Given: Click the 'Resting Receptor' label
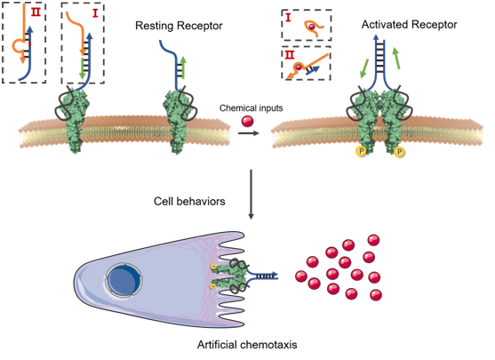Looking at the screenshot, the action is (179, 26).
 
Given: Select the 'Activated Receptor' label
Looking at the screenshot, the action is (409, 24).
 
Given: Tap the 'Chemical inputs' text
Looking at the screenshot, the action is (251, 108).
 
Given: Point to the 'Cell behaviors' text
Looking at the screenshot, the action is (189, 201).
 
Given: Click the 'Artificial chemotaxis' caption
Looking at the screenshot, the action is (247, 344).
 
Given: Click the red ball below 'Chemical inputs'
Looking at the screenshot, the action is (247, 121).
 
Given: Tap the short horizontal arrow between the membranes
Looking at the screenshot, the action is (249, 133).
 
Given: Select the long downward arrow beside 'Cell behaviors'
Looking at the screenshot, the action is (251, 194).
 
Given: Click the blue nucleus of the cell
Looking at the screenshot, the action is (124, 280).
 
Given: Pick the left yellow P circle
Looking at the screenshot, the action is (361, 151).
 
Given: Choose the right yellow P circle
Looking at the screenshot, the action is (399, 152).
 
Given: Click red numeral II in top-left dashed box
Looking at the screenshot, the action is (36, 12).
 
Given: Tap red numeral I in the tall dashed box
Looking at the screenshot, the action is (95, 13).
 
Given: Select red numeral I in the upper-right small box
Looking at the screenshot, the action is (288, 18).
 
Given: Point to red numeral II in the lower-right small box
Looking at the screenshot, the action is (289, 54).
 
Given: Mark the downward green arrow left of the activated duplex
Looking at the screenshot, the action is (364, 68).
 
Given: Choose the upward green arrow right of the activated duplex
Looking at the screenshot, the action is (396, 58).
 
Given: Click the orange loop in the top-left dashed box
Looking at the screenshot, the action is (19, 46).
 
